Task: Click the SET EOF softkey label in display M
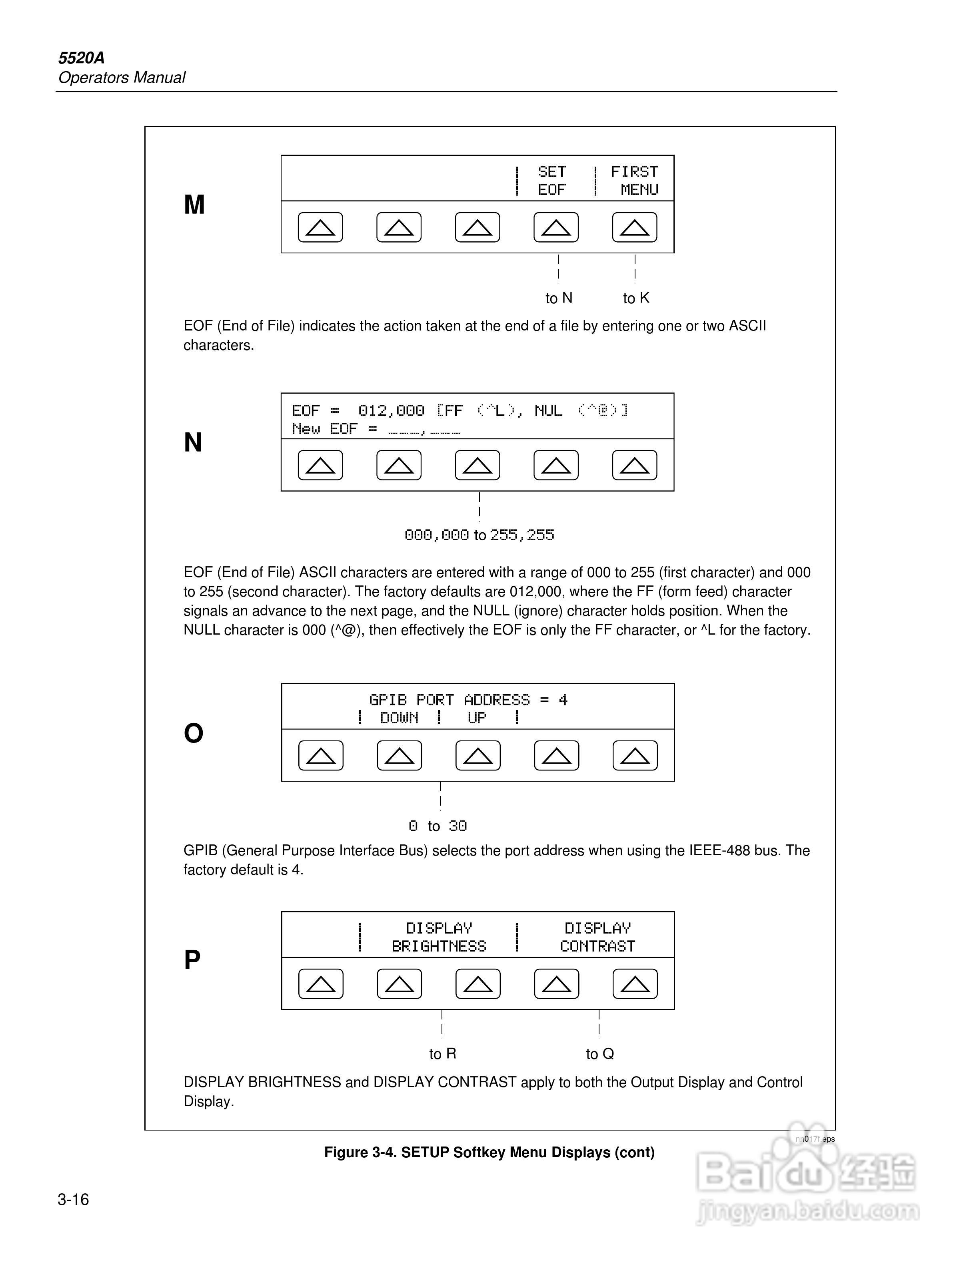[x=551, y=180]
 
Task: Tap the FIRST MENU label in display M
[x=635, y=180]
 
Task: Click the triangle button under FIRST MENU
[x=635, y=227]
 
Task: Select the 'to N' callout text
[x=559, y=298]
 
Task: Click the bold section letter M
[x=194, y=205]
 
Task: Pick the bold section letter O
[x=194, y=733]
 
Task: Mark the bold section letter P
[x=192, y=960]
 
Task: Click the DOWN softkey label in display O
[x=399, y=718]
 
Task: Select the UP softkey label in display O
[x=477, y=718]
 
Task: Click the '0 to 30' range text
[x=438, y=826]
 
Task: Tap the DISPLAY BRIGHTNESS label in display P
[x=439, y=938]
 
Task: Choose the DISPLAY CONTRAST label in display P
[x=597, y=938]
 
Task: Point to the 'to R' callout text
[x=443, y=1054]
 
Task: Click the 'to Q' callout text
[x=600, y=1054]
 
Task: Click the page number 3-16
[x=73, y=1199]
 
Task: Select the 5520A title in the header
[x=81, y=58]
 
